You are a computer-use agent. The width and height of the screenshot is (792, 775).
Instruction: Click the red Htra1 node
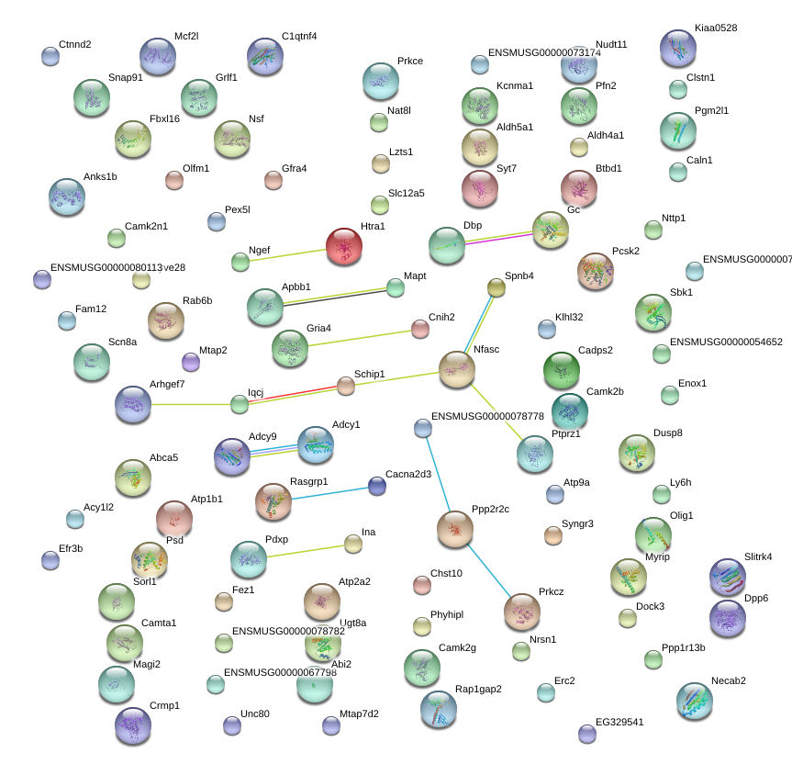(344, 246)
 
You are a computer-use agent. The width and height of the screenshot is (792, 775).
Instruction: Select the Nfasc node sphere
(456, 369)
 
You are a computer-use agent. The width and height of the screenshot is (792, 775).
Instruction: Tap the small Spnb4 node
(496, 288)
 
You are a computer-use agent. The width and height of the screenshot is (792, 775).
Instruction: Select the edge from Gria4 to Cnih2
(364, 337)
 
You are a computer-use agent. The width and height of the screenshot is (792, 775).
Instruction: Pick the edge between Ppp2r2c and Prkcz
(489, 569)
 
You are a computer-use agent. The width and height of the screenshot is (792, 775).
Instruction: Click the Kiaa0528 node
(678, 49)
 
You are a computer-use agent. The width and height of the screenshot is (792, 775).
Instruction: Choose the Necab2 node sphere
(695, 701)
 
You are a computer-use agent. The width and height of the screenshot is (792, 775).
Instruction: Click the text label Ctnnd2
(74, 44)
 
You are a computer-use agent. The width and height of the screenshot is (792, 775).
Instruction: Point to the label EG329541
(619, 722)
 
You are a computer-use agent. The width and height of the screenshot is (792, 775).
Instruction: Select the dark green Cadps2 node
(562, 370)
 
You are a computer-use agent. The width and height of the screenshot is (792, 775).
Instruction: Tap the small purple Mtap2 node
(191, 362)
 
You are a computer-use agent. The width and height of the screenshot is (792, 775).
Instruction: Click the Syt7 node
(479, 188)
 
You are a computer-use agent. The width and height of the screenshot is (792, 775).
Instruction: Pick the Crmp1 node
(132, 724)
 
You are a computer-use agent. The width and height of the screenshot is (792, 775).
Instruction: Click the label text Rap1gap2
(478, 689)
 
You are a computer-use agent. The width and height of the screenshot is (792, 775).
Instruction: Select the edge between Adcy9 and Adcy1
(273, 449)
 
